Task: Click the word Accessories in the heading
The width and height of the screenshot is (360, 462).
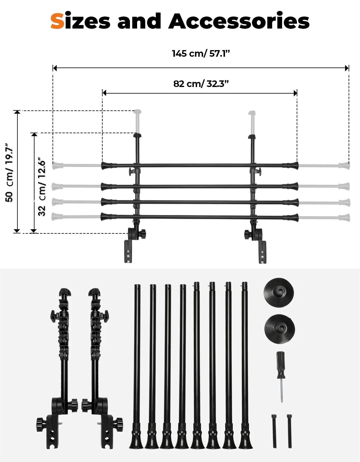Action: pos(239,21)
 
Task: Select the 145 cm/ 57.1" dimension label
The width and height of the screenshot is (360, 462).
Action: pos(201,53)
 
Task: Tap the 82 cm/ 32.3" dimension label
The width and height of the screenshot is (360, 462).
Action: pos(201,84)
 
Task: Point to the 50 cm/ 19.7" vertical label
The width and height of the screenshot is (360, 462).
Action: pos(10,172)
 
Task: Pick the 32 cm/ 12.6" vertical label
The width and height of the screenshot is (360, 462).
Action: pos(42,187)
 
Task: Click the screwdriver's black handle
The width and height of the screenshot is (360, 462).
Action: pos(281,365)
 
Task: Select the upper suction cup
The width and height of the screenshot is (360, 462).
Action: pos(279,292)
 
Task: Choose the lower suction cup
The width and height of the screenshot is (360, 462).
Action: pos(280,329)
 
